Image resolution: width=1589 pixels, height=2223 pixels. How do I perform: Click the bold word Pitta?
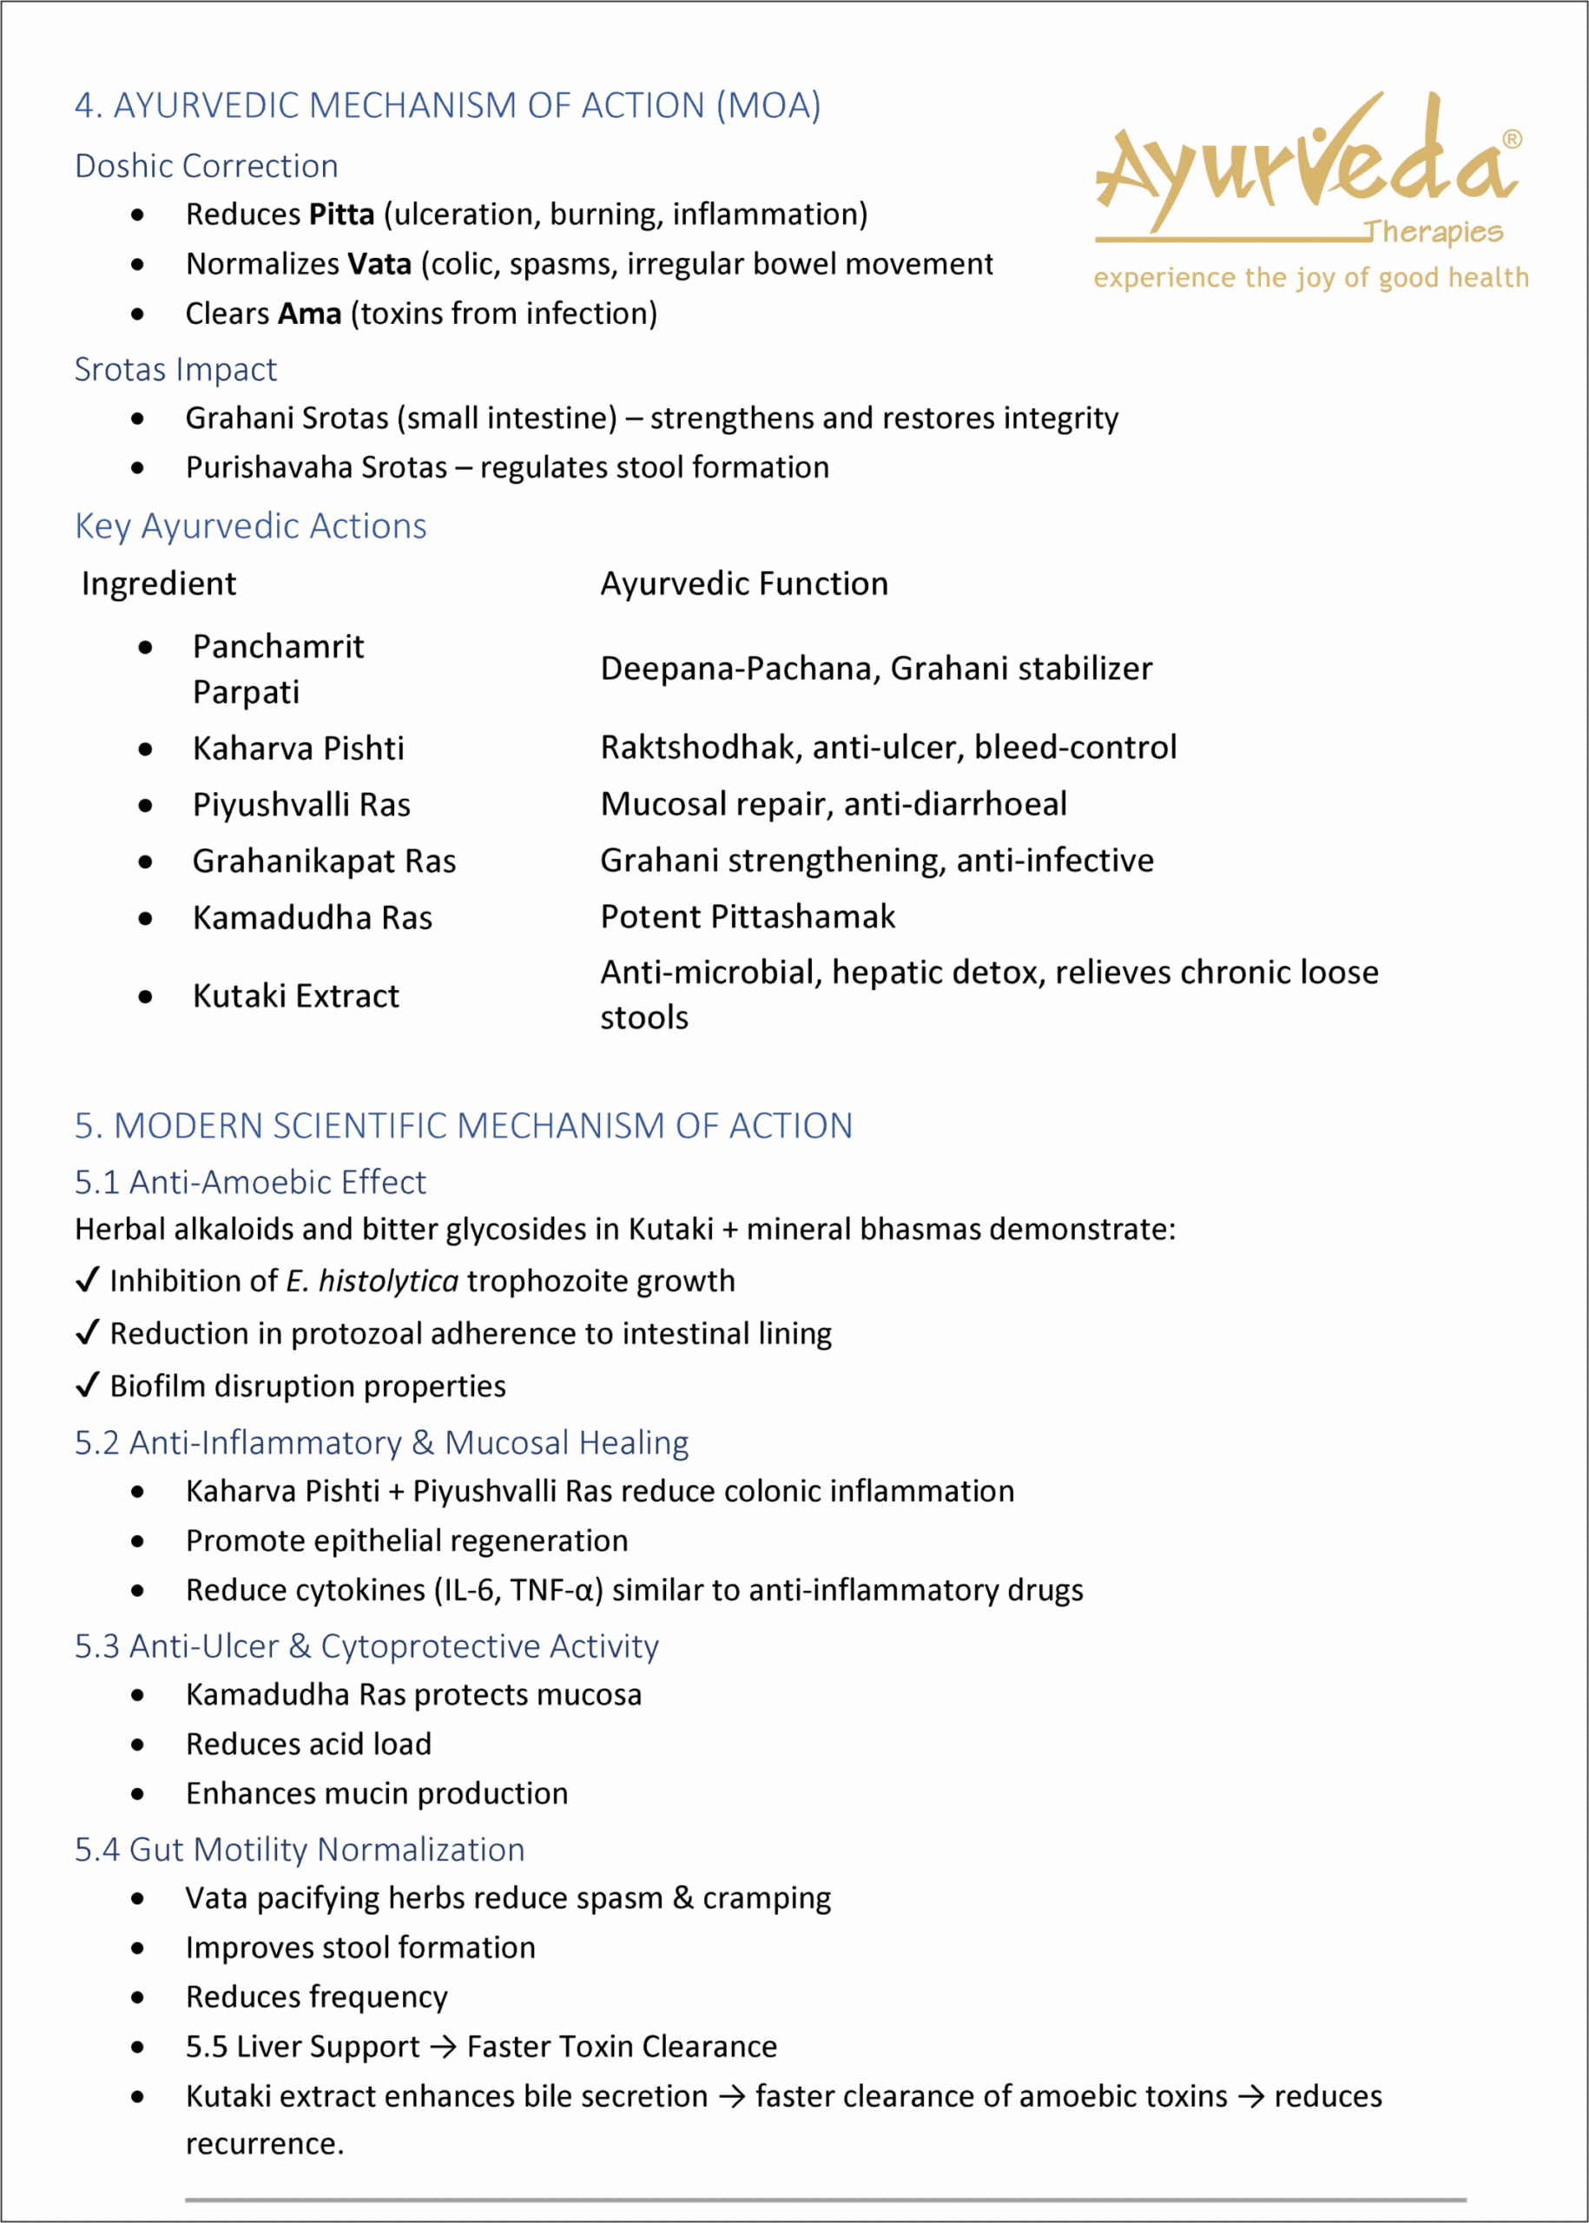click(x=341, y=214)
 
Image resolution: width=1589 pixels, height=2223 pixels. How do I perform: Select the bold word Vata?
click(x=379, y=264)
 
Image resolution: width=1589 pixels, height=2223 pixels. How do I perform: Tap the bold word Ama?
click(x=309, y=314)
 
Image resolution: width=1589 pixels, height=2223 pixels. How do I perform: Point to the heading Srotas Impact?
click(x=176, y=370)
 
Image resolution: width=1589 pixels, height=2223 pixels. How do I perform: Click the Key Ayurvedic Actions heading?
click(x=250, y=526)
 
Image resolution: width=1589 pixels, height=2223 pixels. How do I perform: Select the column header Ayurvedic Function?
click(x=743, y=584)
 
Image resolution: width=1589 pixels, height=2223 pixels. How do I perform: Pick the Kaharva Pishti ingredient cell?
click(x=298, y=749)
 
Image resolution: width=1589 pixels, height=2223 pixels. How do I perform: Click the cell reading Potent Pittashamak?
click(x=748, y=917)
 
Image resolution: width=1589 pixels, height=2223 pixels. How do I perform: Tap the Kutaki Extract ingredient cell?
click(x=295, y=996)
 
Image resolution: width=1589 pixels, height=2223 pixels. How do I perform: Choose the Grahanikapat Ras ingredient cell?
click(x=324, y=861)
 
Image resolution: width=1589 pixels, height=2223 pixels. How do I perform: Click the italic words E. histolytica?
click(x=372, y=1282)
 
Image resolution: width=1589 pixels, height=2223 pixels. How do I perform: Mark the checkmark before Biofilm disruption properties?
click(x=87, y=1385)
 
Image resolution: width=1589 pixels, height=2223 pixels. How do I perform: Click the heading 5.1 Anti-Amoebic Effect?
click(x=250, y=1183)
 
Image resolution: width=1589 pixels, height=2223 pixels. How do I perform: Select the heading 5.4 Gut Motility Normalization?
click(x=300, y=1850)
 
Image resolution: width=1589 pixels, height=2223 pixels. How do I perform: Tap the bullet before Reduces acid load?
click(x=138, y=1745)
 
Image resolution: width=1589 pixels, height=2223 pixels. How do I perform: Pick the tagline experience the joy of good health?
click(x=1311, y=279)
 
